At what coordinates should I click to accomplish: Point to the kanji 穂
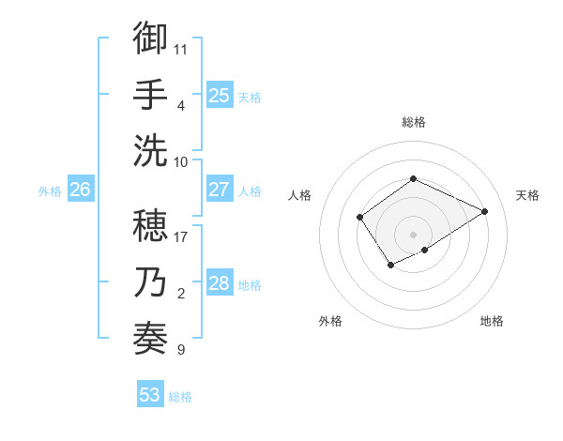[150, 224]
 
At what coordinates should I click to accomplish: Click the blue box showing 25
[219, 95]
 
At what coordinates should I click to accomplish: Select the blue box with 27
[219, 190]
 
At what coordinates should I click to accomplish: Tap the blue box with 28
[219, 283]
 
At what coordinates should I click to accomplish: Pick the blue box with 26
[80, 190]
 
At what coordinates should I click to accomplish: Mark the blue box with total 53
[149, 395]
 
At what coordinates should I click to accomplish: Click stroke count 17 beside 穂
[181, 236]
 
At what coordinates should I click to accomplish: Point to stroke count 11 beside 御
[181, 48]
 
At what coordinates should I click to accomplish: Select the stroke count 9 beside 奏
[181, 350]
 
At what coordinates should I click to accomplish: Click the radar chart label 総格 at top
[413, 122]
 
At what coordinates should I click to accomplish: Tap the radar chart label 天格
[527, 195]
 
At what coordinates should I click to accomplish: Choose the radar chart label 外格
[330, 321]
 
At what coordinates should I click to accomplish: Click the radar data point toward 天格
[485, 211]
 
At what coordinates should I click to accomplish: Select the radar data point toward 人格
[360, 218]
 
